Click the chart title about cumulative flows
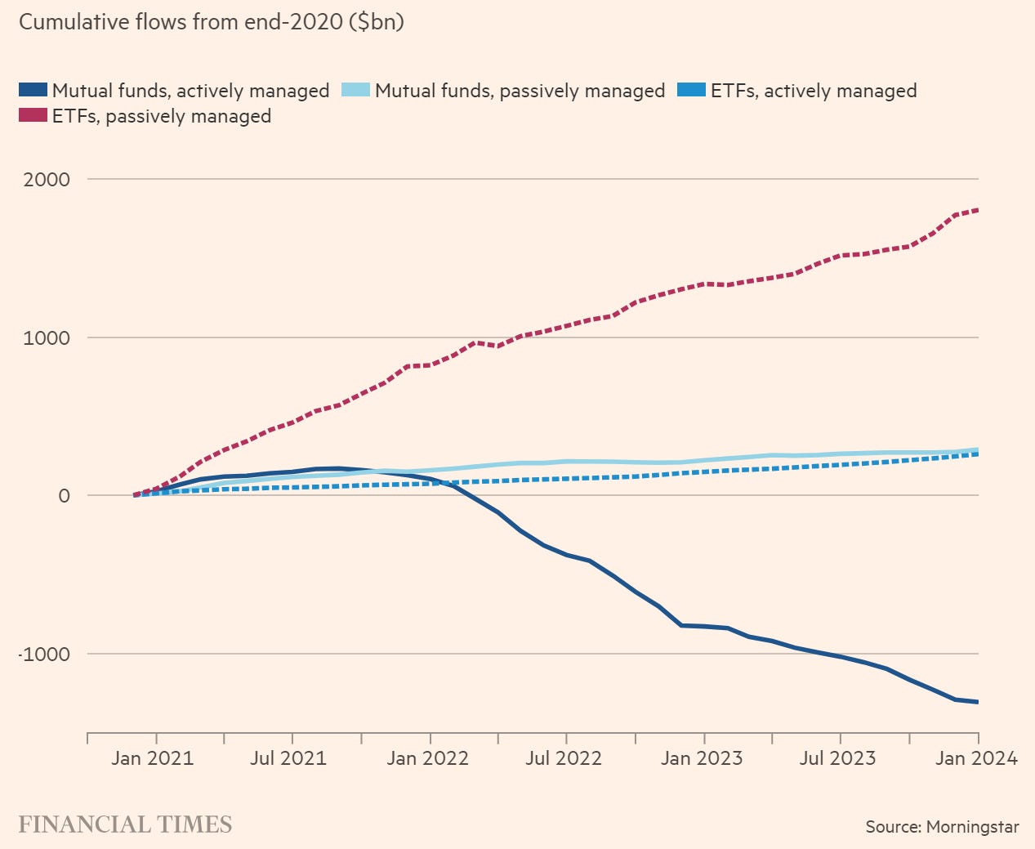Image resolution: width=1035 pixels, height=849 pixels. click(x=212, y=21)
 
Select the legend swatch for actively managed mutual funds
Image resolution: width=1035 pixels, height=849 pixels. click(x=33, y=90)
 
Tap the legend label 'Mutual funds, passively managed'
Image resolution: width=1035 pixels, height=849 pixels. click(x=520, y=91)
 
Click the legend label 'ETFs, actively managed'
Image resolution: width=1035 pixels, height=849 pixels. click(x=814, y=91)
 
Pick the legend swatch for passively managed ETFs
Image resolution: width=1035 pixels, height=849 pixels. click(x=33, y=116)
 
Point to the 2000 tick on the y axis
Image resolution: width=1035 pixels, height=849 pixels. click(x=47, y=179)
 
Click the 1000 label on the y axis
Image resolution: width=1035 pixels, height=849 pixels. click(x=47, y=337)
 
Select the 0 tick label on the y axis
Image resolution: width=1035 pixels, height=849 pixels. click(x=64, y=496)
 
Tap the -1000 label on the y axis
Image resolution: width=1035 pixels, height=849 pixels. click(x=43, y=655)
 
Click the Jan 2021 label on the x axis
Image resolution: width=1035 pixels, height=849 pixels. click(x=153, y=758)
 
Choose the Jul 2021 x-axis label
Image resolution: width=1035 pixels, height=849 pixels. click(x=288, y=758)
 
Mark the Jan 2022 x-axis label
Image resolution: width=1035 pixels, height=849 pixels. click(x=428, y=758)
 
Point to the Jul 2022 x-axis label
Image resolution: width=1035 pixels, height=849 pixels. click(x=564, y=758)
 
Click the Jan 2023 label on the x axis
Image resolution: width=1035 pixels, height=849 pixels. click(x=703, y=758)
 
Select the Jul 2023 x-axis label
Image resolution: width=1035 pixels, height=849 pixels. click(x=838, y=758)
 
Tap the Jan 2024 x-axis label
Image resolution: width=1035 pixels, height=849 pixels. click(x=977, y=758)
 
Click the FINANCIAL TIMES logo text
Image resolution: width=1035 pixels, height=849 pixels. click(x=125, y=824)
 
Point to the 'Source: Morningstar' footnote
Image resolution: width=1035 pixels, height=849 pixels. click(x=943, y=827)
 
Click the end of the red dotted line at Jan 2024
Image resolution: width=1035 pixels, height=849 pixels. click(x=978, y=210)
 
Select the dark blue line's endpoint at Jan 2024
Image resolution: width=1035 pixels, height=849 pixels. click(x=978, y=702)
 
